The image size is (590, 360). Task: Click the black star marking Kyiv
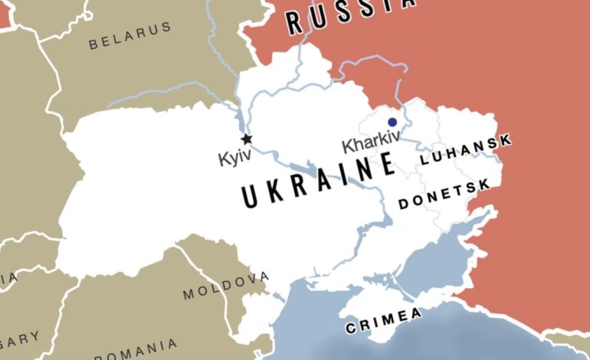(x=246, y=139)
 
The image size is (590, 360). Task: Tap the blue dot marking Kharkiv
(x=392, y=122)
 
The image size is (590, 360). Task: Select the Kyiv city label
(x=234, y=159)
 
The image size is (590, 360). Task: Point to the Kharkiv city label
(x=371, y=144)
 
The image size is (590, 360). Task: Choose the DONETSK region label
(x=444, y=196)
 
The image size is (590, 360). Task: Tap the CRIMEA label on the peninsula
(x=384, y=321)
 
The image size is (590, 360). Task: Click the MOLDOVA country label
(x=226, y=285)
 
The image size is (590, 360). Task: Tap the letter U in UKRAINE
(x=251, y=197)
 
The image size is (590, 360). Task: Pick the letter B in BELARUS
(x=94, y=44)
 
